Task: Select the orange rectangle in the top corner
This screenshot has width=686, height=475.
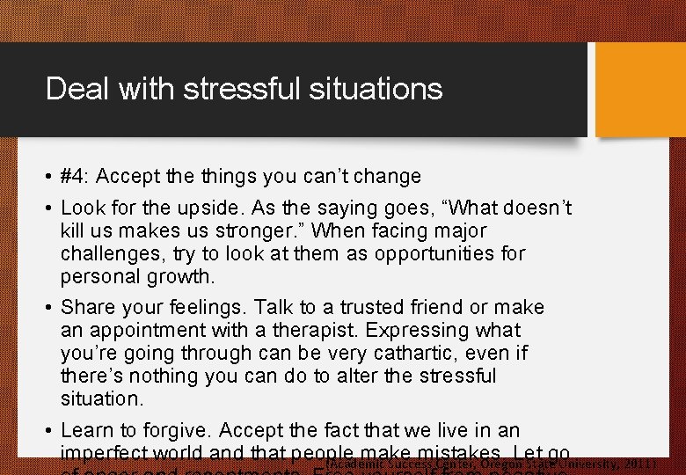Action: click(x=640, y=90)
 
